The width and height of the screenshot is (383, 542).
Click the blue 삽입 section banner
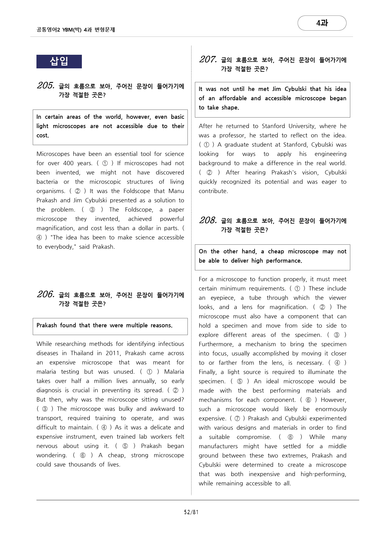(59, 61)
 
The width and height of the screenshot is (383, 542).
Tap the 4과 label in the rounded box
(322, 23)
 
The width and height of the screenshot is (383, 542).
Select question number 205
(46, 85)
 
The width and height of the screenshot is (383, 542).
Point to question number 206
(46, 294)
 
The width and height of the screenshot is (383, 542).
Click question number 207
(208, 59)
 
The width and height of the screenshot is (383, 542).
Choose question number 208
(208, 220)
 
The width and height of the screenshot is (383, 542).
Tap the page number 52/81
(191, 512)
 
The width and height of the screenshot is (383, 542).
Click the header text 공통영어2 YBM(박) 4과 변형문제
(76, 30)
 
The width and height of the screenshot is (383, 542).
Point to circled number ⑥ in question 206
(82, 455)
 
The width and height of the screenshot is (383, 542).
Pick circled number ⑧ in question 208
(290, 437)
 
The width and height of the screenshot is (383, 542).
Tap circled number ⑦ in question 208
(237, 418)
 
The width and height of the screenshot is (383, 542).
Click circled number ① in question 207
(207, 144)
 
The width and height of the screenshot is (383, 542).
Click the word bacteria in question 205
(47, 182)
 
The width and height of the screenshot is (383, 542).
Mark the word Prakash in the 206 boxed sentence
(47, 325)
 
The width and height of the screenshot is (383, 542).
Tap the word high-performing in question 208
(323, 474)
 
